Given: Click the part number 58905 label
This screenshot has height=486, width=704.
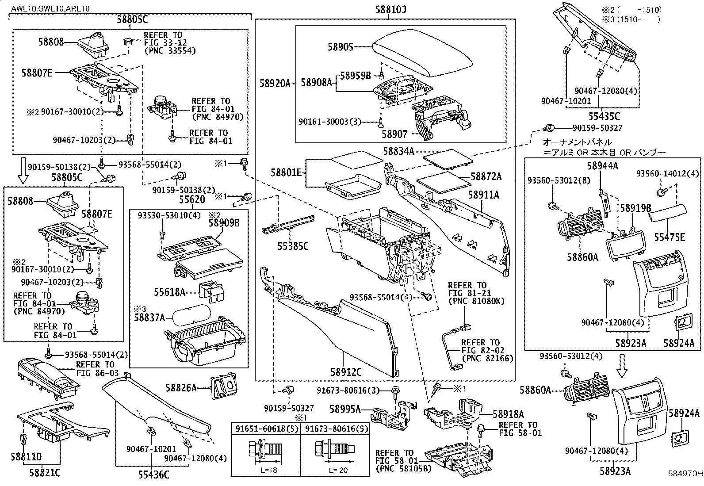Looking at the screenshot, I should click(341, 46).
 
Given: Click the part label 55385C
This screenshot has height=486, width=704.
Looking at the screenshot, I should click(293, 246).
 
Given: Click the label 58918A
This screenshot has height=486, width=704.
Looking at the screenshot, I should click(509, 414).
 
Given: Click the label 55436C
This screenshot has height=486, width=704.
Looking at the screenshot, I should click(152, 475).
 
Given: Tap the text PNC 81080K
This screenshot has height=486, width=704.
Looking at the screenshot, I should click(476, 302).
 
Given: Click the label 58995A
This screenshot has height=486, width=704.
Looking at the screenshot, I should click(345, 409).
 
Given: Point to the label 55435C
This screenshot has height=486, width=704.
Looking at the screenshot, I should click(605, 117).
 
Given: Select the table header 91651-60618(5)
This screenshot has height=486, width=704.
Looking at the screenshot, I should click(266, 428).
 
